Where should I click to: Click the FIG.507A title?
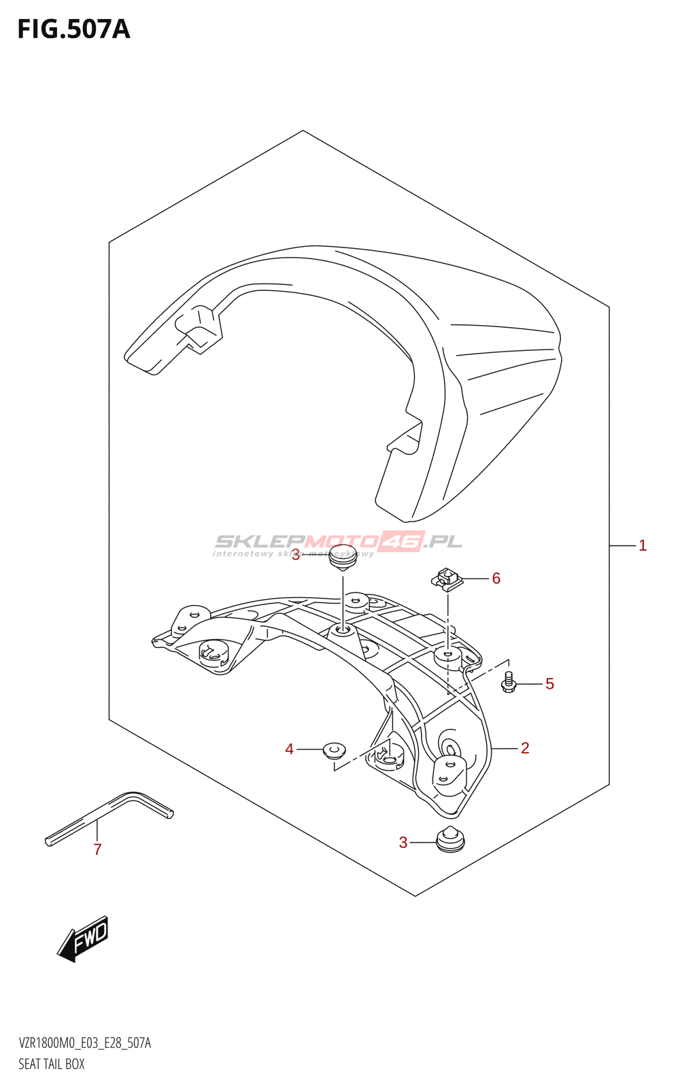coord(73,29)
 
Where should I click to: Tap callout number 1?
coord(643,545)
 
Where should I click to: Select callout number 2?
coord(525,748)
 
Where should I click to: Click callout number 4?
coord(290,749)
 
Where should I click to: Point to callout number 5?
coord(549,683)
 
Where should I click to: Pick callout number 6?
coord(496,578)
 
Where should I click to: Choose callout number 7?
coord(97,849)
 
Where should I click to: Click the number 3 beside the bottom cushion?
coord(403,843)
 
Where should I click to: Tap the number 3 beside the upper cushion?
coord(295,556)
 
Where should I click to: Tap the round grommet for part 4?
coord(333,750)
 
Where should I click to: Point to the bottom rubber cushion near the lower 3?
coord(449,840)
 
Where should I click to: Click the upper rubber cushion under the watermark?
coord(343,557)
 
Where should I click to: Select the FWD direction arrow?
coord(83,938)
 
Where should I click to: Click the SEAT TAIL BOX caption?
coord(52,1064)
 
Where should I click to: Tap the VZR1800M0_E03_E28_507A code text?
coord(85,1043)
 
